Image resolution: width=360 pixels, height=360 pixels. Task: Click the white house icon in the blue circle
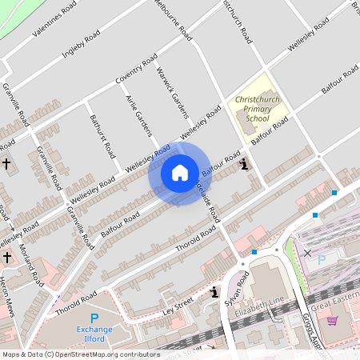coord(180,173)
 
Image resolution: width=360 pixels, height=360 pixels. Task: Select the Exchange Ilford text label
coord(94,334)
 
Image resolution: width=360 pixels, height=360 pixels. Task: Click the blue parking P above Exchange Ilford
coord(94,318)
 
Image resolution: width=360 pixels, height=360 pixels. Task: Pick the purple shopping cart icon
coord(332,321)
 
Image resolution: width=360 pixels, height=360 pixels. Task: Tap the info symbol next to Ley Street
coord(214,293)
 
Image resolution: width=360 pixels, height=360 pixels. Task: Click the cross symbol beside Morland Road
coord(7,258)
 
